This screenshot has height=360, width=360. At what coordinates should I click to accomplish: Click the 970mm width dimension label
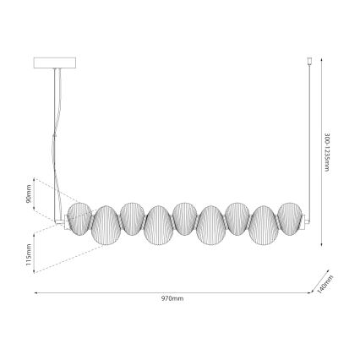pyautogui.click(x=172, y=298)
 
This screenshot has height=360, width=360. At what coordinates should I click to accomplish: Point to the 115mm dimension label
pyautogui.click(x=28, y=253)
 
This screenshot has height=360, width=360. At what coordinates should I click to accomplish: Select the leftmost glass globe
pyautogui.click(x=79, y=216)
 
